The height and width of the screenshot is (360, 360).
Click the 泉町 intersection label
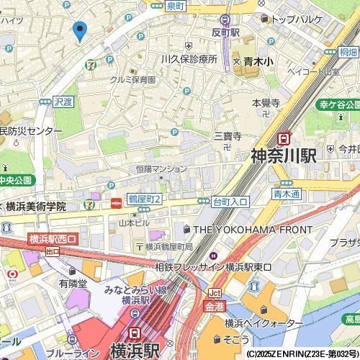click(175, 6)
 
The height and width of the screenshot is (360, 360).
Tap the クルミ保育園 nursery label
click(133, 79)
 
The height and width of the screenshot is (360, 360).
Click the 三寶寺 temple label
click(227, 135)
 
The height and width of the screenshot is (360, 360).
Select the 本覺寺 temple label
click(265, 104)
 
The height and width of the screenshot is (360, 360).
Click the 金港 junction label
click(215, 306)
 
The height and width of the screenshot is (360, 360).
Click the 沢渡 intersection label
click(63, 102)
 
